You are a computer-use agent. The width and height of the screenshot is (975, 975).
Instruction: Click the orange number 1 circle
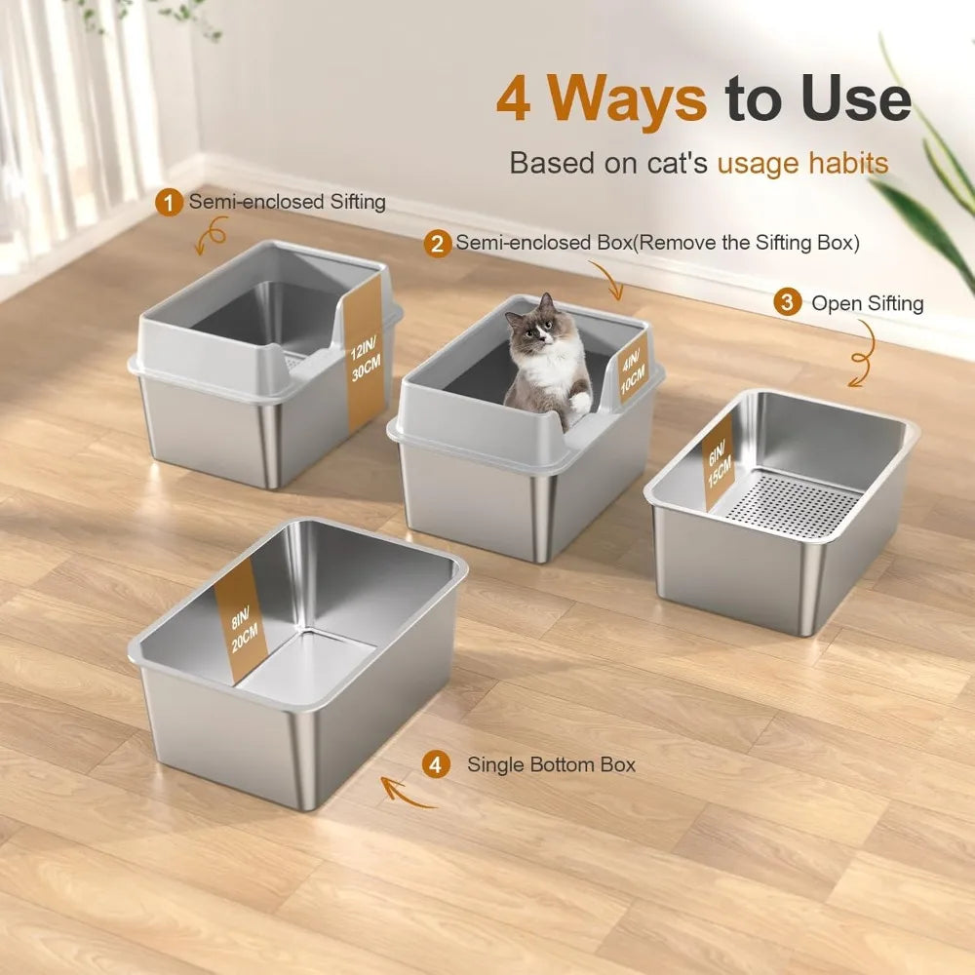click(x=171, y=203)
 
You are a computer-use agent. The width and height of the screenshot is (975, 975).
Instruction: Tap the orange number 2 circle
click(x=437, y=243)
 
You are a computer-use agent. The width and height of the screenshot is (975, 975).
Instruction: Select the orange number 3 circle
click(x=787, y=303)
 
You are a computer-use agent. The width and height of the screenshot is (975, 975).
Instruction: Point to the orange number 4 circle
click(x=435, y=765)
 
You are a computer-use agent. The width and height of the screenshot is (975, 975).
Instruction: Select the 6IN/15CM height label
click(x=718, y=459)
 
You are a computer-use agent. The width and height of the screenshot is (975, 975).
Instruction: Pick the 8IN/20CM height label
click(x=237, y=619)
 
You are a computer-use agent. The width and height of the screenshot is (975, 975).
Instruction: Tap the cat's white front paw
click(x=579, y=403)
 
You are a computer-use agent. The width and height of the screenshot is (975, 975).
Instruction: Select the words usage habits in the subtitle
click(x=802, y=162)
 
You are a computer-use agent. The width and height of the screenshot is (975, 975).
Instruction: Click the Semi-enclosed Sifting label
click(x=287, y=203)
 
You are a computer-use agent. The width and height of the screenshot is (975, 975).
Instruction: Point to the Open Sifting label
click(x=867, y=303)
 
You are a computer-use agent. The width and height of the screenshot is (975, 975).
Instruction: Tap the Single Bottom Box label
click(x=551, y=765)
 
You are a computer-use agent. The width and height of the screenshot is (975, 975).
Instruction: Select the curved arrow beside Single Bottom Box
click(x=408, y=793)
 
